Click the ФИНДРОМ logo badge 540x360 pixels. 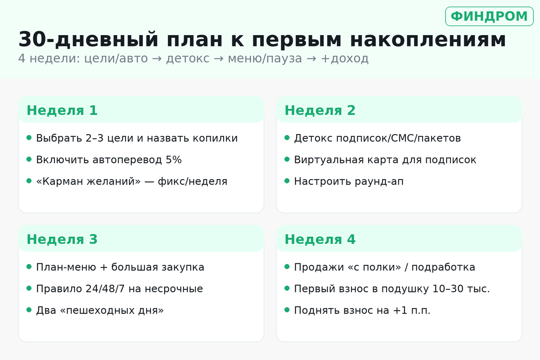click(x=489, y=16)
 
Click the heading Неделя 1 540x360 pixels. click(x=62, y=110)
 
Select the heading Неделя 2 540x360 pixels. click(x=320, y=110)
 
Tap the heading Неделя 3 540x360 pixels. click(x=62, y=239)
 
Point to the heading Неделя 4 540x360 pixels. click(x=320, y=239)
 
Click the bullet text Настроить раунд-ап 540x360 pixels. click(x=349, y=181)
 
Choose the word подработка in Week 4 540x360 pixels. click(x=443, y=267)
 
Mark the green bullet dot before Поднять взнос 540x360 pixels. click(x=287, y=310)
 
